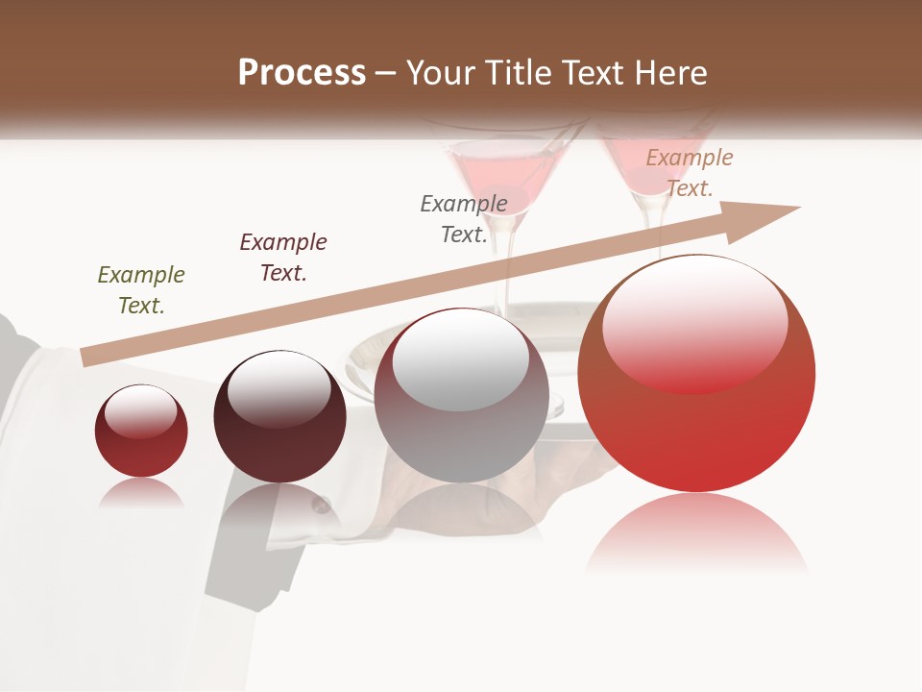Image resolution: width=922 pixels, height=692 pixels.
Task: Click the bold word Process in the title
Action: click(302, 73)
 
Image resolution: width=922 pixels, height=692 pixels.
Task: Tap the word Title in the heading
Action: click(519, 73)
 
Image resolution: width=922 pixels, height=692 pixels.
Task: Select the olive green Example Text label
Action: click(141, 290)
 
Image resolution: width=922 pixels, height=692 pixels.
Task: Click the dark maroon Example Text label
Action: click(283, 258)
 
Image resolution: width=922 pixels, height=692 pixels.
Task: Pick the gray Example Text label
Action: click(464, 219)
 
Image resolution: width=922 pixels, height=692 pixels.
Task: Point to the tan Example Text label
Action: click(689, 173)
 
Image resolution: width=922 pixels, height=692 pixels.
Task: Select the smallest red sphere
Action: click(141, 432)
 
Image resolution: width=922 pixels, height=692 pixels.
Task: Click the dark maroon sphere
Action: click(279, 417)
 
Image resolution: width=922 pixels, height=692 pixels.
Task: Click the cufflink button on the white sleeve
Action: click(321, 504)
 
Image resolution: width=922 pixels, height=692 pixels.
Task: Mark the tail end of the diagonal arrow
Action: click(88, 357)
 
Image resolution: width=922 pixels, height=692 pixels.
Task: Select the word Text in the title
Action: click(598, 73)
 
